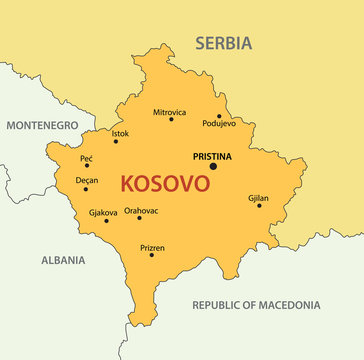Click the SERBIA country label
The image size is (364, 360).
coord(223,43)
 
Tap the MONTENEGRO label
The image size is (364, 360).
coord(42,126)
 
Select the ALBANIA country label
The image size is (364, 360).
coord(63,259)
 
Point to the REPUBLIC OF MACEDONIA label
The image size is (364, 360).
coord(256,305)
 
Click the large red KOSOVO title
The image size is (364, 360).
coord(164,184)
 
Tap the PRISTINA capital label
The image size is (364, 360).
coord(212,156)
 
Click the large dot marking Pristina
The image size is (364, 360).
coord(212,166)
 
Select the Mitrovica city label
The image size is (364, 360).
coord(170,112)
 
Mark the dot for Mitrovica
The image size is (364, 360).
coord(170,120)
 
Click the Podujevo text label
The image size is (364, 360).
coord(219,124)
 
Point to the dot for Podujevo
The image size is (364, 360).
coord(219,116)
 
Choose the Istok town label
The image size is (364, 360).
coord(120,133)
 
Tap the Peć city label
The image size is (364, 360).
coord(87,158)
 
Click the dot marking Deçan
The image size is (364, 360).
coord(85,189)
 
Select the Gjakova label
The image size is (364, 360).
coord(103,212)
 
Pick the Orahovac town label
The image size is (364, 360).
coord(141,211)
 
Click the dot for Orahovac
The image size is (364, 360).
coord(139,218)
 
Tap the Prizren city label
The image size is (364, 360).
coord(152,247)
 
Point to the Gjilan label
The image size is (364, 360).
coord(258,198)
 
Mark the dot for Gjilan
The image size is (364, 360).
coord(258,206)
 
